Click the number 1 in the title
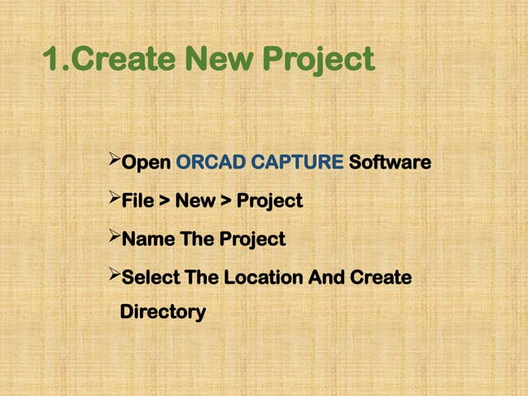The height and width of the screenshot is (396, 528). (x=50, y=60)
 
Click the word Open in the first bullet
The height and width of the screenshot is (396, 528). (x=146, y=163)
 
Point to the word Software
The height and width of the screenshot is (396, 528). (x=389, y=162)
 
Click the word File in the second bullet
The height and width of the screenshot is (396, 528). (x=137, y=201)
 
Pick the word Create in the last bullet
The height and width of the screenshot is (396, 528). (x=380, y=278)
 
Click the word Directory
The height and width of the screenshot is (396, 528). (x=162, y=313)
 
